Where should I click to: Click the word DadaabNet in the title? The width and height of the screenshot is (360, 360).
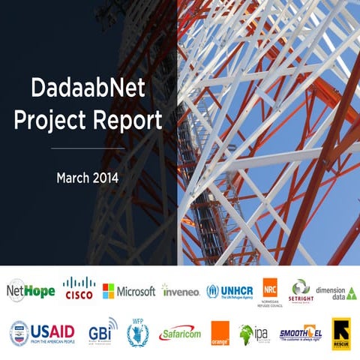coord(88,89)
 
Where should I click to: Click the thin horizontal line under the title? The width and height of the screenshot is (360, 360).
coord(88,148)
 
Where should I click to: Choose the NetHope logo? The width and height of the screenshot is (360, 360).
coord(31,290)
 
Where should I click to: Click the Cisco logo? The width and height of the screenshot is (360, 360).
coord(79,289)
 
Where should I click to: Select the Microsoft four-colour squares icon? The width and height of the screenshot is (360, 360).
coord(109,291)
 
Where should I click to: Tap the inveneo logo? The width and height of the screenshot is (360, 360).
coord(181,291)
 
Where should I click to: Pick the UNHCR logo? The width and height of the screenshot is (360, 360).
coord(230,291)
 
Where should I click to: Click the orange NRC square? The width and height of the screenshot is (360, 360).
coord(270,287)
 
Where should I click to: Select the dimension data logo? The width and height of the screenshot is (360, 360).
coord(336,291)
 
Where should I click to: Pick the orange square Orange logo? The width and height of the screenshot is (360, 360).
coord(220,333)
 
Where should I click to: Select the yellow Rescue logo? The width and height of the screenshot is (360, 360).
coord(341,333)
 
